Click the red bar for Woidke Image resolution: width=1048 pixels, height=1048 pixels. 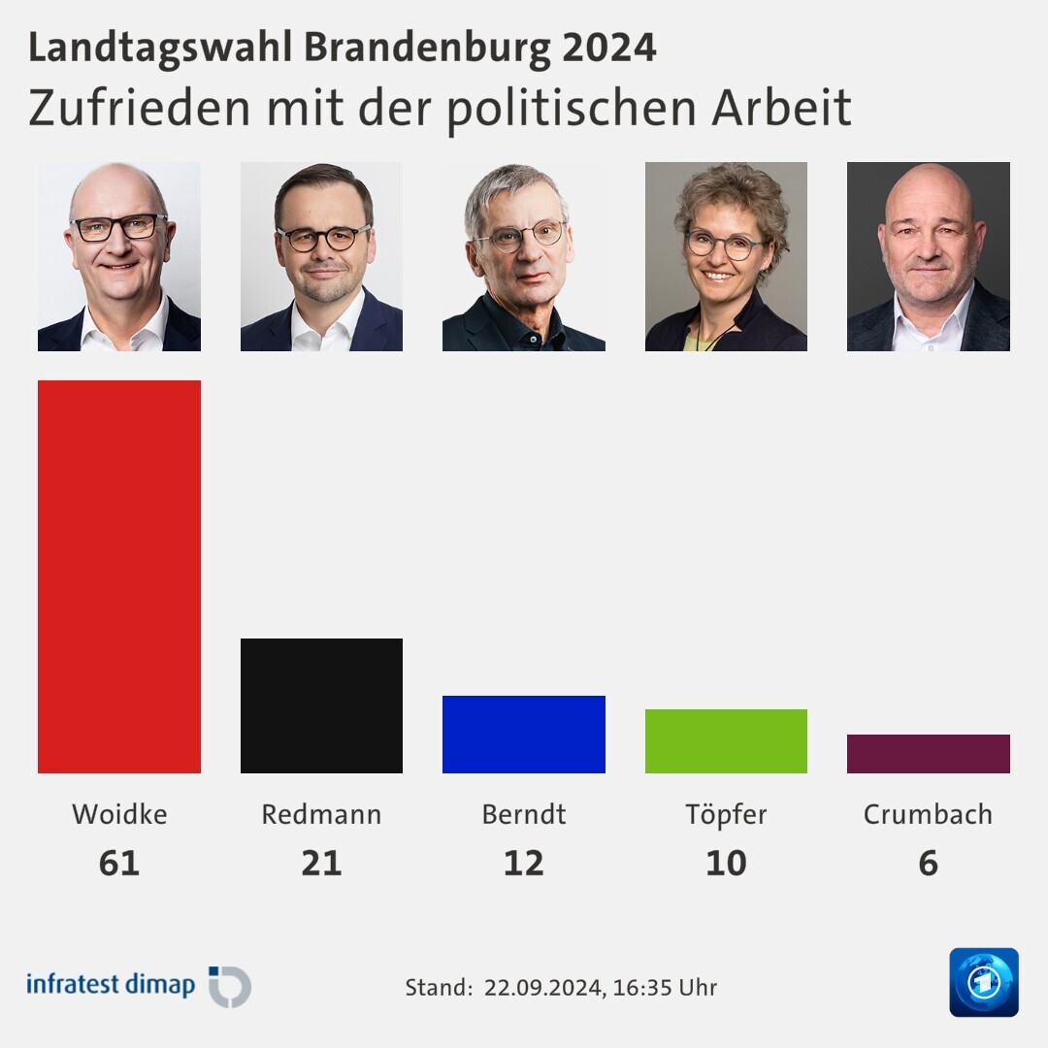[119, 576]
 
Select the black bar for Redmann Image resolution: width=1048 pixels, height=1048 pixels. [321, 705]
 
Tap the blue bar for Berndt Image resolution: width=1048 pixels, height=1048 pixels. [524, 735]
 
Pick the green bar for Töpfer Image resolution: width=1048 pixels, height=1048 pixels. [726, 741]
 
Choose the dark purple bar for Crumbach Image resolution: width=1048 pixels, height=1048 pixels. [929, 754]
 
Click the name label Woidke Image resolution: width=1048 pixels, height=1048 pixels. [119, 814]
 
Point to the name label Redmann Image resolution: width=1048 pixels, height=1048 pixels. [321, 814]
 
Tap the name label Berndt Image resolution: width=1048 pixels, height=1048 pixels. [524, 814]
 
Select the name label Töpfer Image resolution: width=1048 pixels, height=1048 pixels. [726, 814]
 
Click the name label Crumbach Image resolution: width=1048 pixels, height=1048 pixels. [929, 814]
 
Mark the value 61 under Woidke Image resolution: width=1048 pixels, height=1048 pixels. [119, 863]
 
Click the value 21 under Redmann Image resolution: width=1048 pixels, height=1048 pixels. [321, 863]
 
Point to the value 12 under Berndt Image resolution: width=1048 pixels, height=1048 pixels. [524, 863]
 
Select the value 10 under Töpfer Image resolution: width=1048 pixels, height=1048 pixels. [726, 863]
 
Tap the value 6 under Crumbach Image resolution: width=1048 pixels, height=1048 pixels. [929, 863]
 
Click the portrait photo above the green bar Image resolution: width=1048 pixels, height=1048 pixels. [726, 256]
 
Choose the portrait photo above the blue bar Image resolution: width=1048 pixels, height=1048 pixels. [524, 256]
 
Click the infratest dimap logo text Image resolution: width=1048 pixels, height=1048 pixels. [111, 984]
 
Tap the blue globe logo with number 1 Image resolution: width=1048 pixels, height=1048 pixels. [984, 982]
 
